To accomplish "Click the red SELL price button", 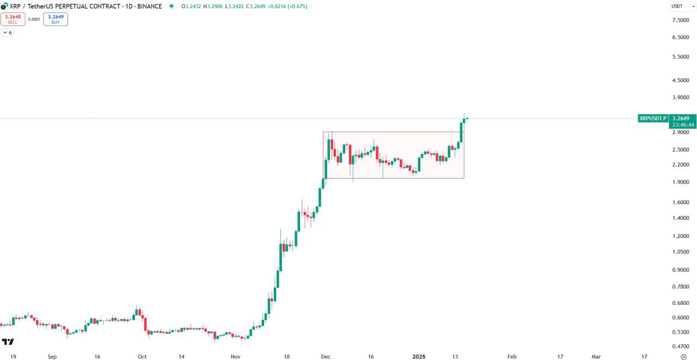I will click(x=13, y=19).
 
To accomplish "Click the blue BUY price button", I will click(x=56, y=19).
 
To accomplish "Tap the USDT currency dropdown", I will click(x=683, y=6).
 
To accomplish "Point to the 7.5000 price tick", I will click(x=681, y=20).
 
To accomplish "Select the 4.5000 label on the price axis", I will click(x=681, y=80).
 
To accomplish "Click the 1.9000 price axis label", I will click(x=681, y=182).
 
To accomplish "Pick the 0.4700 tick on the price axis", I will click(x=681, y=346).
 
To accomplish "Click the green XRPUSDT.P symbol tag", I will click(x=652, y=118).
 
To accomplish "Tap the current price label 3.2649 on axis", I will click(x=681, y=118).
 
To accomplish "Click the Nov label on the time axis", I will click(x=236, y=357).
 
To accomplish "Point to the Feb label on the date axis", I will click(x=511, y=357).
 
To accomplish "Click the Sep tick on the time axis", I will click(x=52, y=357).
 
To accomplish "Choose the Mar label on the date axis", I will click(x=596, y=357).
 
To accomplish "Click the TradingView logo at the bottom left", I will click(x=8, y=342).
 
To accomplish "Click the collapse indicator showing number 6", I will click(x=7, y=33).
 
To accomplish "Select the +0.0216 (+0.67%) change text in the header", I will click(x=284, y=6).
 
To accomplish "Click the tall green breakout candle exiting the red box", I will click(x=461, y=131).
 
